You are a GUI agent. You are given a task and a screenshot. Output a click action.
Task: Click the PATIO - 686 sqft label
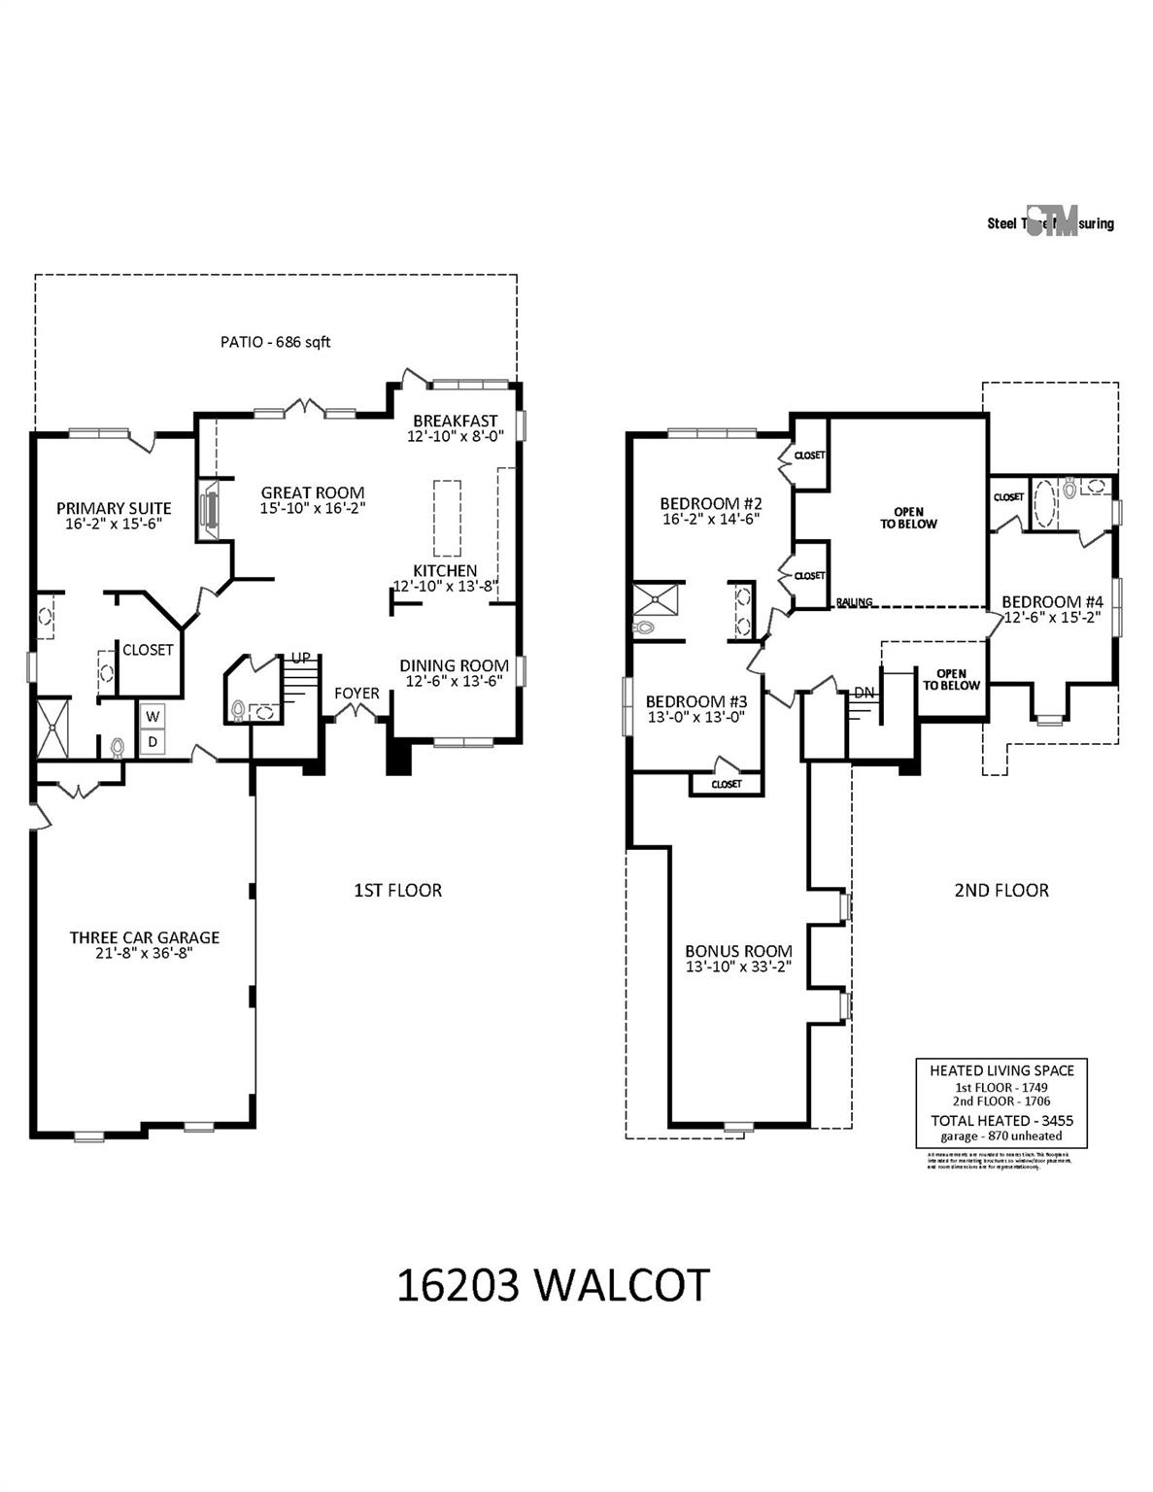click(x=275, y=342)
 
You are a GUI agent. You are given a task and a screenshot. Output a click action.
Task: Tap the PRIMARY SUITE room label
click(x=114, y=508)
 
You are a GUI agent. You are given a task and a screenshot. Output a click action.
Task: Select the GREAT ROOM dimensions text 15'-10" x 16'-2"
click(x=312, y=508)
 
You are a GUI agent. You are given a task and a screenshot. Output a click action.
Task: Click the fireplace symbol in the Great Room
click(x=208, y=510)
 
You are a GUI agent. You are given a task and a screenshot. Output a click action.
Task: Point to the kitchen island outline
click(x=446, y=515)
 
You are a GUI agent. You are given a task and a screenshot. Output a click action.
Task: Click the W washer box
click(x=153, y=717)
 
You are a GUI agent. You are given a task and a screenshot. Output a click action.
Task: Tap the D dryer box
click(x=153, y=742)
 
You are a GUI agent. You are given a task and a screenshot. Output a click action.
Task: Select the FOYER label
click(x=356, y=693)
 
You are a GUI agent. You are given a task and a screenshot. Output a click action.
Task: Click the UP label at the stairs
click(x=301, y=658)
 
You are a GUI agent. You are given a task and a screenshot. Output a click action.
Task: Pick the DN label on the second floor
click(x=864, y=693)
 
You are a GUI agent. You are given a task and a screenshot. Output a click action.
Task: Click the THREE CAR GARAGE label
click(x=144, y=937)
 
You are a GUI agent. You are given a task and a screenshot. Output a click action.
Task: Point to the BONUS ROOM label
click(x=738, y=951)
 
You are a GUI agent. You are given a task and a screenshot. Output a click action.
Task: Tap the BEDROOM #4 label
click(x=1052, y=601)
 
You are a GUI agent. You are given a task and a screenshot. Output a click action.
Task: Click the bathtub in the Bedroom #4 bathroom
click(x=1044, y=502)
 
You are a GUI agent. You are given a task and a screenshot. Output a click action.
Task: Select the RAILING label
click(x=854, y=602)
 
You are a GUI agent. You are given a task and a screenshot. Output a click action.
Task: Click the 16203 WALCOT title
click(x=553, y=1285)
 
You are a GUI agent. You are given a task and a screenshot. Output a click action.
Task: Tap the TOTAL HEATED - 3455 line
click(x=1001, y=1120)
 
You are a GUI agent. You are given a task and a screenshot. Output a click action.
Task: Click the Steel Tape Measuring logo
click(x=1051, y=222)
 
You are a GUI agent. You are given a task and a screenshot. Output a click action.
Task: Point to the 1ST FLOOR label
click(x=397, y=890)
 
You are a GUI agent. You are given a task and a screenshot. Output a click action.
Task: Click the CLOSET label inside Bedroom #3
click(x=726, y=784)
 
